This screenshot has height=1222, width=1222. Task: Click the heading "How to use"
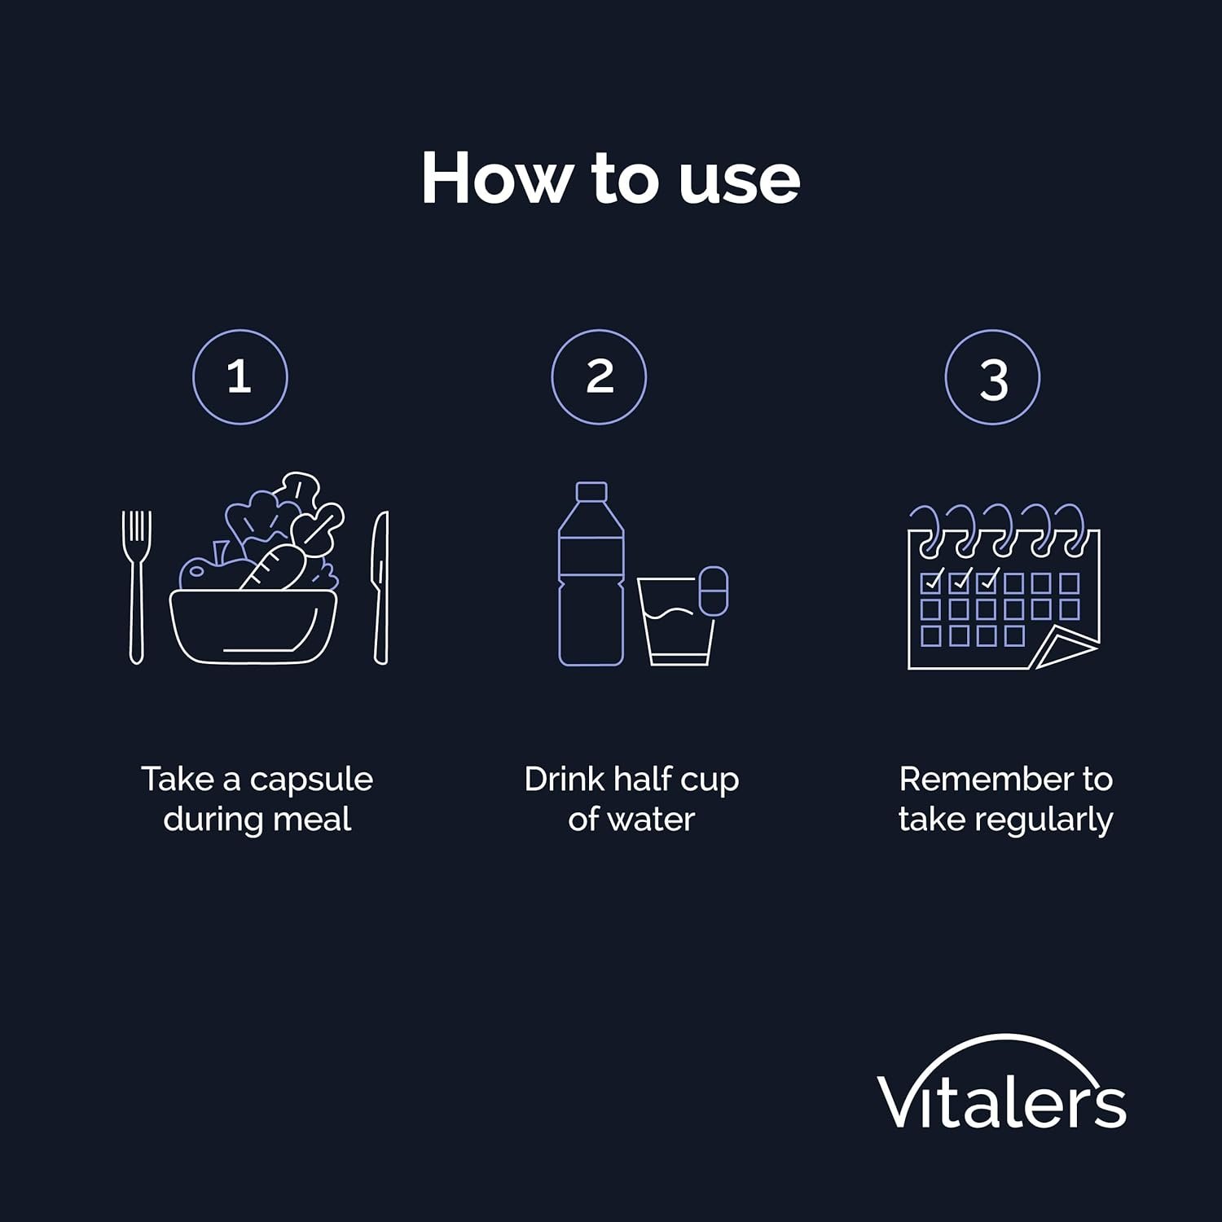click(611, 178)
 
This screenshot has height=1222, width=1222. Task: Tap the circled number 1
click(240, 377)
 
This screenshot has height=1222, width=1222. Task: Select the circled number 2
click(599, 377)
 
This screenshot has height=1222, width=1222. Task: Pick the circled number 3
click(992, 377)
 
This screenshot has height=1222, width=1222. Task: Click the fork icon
click(137, 587)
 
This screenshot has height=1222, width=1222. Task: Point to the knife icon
click(380, 587)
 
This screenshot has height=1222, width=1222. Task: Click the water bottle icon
click(591, 574)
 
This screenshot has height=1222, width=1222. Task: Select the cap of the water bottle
click(591, 491)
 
